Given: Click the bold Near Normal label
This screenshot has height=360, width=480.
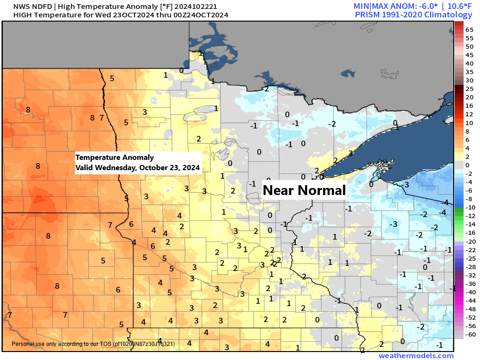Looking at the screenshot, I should pos(304,190).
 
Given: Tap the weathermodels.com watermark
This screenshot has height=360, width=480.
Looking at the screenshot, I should pos(416,356).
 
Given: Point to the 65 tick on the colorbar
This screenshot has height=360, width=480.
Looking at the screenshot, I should pos(469,30).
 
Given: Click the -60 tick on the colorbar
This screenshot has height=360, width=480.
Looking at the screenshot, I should pos(469,334).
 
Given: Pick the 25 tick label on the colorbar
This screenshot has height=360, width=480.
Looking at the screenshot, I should pos(469,88).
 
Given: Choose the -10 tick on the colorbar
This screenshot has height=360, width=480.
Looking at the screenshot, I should pos(469,207).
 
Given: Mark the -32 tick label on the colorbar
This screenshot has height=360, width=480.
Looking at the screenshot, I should pos(469,275).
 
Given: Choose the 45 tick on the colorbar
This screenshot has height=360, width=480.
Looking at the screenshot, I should pos(469,55).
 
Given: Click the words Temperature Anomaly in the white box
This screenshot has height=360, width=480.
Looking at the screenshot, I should pos(114,157).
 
